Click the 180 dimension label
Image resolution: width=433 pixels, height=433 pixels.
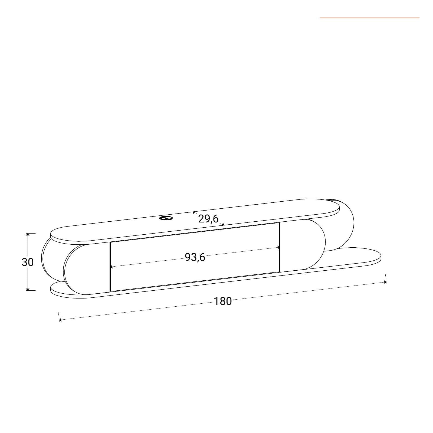pos(223,301)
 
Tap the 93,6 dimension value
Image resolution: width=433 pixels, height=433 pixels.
pos(195,257)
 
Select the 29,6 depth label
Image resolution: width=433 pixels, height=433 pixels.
pos(208,219)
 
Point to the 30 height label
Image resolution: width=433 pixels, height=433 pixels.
pos(28,262)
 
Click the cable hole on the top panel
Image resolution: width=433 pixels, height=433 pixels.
pos(166,218)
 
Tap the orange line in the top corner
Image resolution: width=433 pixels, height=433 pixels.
pos(370,18)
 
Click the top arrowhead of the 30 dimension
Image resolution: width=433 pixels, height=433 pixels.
pos(28,235)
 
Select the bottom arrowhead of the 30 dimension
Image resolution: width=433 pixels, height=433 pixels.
pos(28,289)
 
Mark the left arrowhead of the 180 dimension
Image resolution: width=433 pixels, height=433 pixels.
pos(61,320)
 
